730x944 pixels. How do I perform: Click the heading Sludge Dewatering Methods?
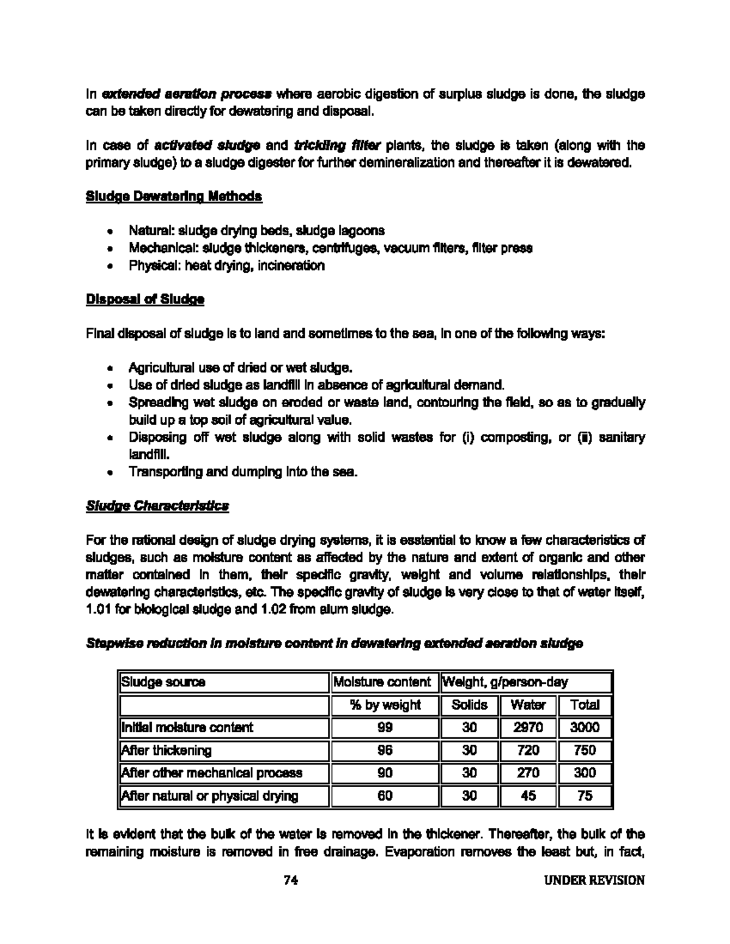click(x=174, y=196)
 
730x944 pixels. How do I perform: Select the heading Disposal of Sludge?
click(x=145, y=300)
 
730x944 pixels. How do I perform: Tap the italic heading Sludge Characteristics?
click(x=158, y=506)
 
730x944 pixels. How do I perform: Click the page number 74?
click(x=291, y=880)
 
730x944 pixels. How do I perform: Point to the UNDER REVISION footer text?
click(x=594, y=880)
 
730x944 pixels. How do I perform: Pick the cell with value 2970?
click(x=527, y=728)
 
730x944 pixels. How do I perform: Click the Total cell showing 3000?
click(x=585, y=728)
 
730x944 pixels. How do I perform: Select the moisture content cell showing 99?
click(x=384, y=728)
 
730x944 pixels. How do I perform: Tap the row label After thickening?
click(x=167, y=750)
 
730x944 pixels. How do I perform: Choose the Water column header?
click(x=527, y=705)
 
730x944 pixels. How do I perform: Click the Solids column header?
click(x=469, y=705)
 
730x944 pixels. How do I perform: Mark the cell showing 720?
click(x=527, y=750)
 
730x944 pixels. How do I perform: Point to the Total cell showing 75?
click(x=585, y=796)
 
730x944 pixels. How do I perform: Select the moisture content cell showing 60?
click(x=384, y=796)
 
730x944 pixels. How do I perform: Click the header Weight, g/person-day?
click(x=505, y=682)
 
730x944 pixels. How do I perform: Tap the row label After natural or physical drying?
click(x=210, y=796)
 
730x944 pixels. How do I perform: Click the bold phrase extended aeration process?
click(x=186, y=94)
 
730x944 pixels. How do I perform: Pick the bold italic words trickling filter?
click(x=337, y=145)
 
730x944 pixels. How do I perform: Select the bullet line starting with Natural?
click(x=256, y=231)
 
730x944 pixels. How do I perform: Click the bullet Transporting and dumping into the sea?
click(x=243, y=472)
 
